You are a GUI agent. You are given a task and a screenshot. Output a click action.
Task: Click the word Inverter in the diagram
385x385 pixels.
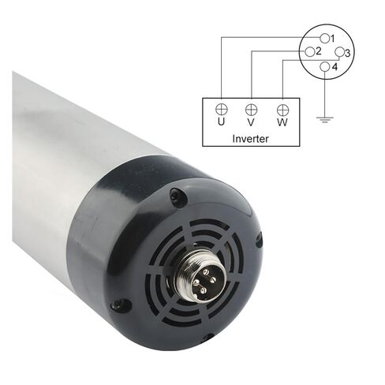tap(250, 138)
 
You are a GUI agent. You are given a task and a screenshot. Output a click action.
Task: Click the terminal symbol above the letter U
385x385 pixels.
tap(221, 108)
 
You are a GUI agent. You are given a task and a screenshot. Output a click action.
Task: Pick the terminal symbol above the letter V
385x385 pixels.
tap(251, 108)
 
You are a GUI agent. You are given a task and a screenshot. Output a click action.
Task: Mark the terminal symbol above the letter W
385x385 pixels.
tap(282, 108)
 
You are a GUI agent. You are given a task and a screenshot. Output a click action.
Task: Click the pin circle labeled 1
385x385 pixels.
tap(324, 37)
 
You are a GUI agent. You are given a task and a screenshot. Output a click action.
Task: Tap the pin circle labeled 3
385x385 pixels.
tap(339, 53)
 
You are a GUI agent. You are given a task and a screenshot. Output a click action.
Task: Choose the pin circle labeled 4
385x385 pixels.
tap(324, 67)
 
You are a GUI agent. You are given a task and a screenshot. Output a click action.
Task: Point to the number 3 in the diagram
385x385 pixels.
tap(348, 53)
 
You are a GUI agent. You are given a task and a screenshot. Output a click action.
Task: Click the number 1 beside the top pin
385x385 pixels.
tap(334, 38)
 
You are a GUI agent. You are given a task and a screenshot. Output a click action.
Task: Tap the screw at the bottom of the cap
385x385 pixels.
tap(207, 337)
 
